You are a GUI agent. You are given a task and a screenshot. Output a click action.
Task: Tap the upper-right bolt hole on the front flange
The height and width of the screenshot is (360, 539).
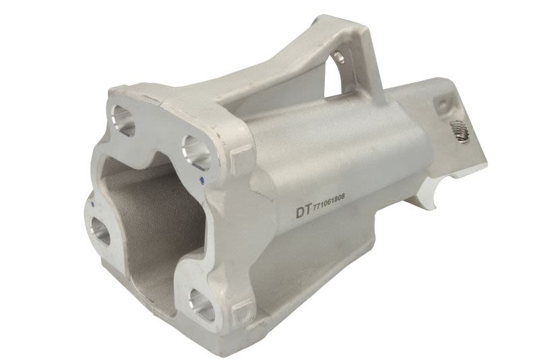[x=196, y=151]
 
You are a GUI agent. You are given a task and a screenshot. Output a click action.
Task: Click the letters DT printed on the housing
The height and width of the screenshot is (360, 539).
[x=304, y=212]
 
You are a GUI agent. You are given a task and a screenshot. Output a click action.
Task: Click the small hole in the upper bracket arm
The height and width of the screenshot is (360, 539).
[x=340, y=57]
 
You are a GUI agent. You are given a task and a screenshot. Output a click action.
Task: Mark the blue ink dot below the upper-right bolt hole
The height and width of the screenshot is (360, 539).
[x=202, y=179]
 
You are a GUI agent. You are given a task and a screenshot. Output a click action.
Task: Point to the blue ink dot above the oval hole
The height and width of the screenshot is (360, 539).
[x=92, y=204]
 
